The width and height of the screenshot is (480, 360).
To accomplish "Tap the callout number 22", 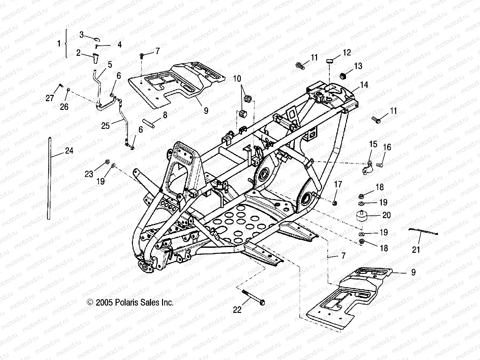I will coord(237,310).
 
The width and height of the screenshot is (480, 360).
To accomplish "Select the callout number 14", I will coord(364,85).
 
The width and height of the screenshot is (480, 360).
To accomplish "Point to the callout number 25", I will coord(106,126).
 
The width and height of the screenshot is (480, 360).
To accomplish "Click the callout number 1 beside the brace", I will coord(59,43).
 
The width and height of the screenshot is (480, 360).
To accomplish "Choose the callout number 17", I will coord(338,184).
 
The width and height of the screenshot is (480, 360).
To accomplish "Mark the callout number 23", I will coord(89,174).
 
